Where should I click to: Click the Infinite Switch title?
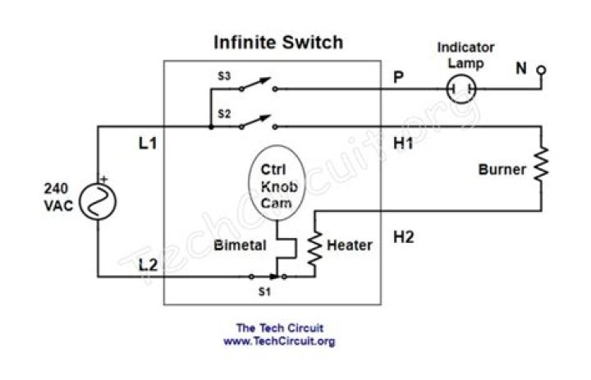278,42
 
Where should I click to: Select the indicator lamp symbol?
461,88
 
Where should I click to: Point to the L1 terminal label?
148,144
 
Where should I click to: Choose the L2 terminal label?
148,263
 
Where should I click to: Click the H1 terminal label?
403,144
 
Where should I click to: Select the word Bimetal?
237,245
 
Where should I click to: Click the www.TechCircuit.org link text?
279,341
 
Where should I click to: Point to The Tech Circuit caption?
279,328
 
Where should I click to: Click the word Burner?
502,171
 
